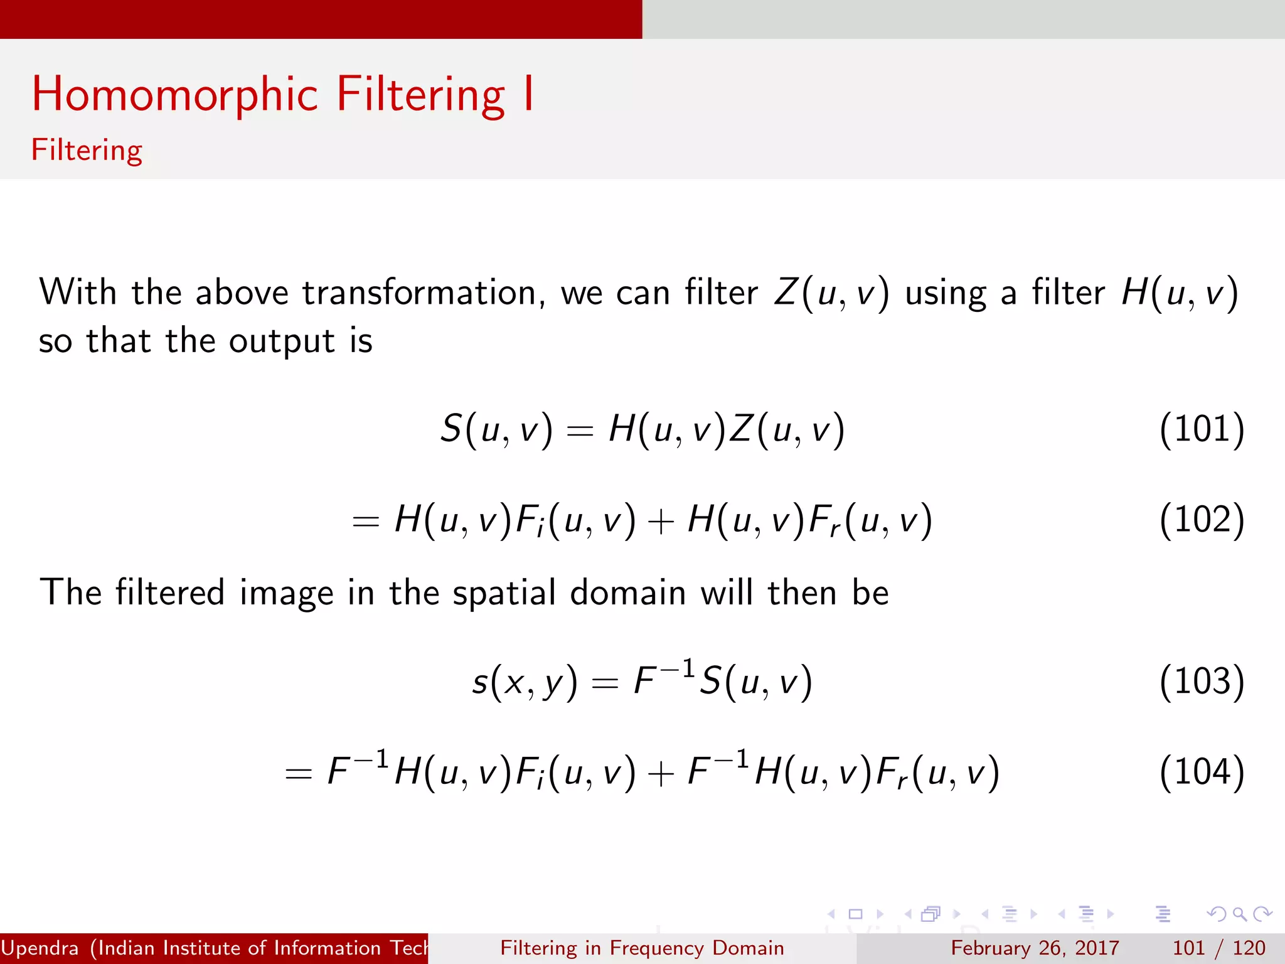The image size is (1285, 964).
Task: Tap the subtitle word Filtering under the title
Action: tap(87, 151)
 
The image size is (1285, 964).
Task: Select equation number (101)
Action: tap(1202, 430)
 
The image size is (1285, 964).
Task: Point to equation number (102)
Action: tap(1202, 520)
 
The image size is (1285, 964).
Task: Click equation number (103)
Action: tap(1202, 682)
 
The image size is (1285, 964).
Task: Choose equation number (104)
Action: tap(1202, 772)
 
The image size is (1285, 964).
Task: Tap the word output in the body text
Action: tap(281, 342)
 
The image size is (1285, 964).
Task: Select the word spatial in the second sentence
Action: tap(504, 593)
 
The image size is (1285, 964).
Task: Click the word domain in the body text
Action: tap(627, 593)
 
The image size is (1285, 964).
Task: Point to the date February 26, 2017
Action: tap(1035, 948)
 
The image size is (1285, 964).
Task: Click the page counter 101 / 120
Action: tap(1218, 948)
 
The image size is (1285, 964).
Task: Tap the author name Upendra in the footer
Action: tap(40, 948)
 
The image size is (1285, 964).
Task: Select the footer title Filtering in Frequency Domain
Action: tap(642, 948)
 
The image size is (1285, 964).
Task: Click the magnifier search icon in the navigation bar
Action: tap(1239, 914)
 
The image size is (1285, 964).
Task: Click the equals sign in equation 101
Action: tap(579, 431)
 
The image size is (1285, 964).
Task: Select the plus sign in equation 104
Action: tap(661, 773)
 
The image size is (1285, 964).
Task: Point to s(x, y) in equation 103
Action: tap(524, 682)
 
